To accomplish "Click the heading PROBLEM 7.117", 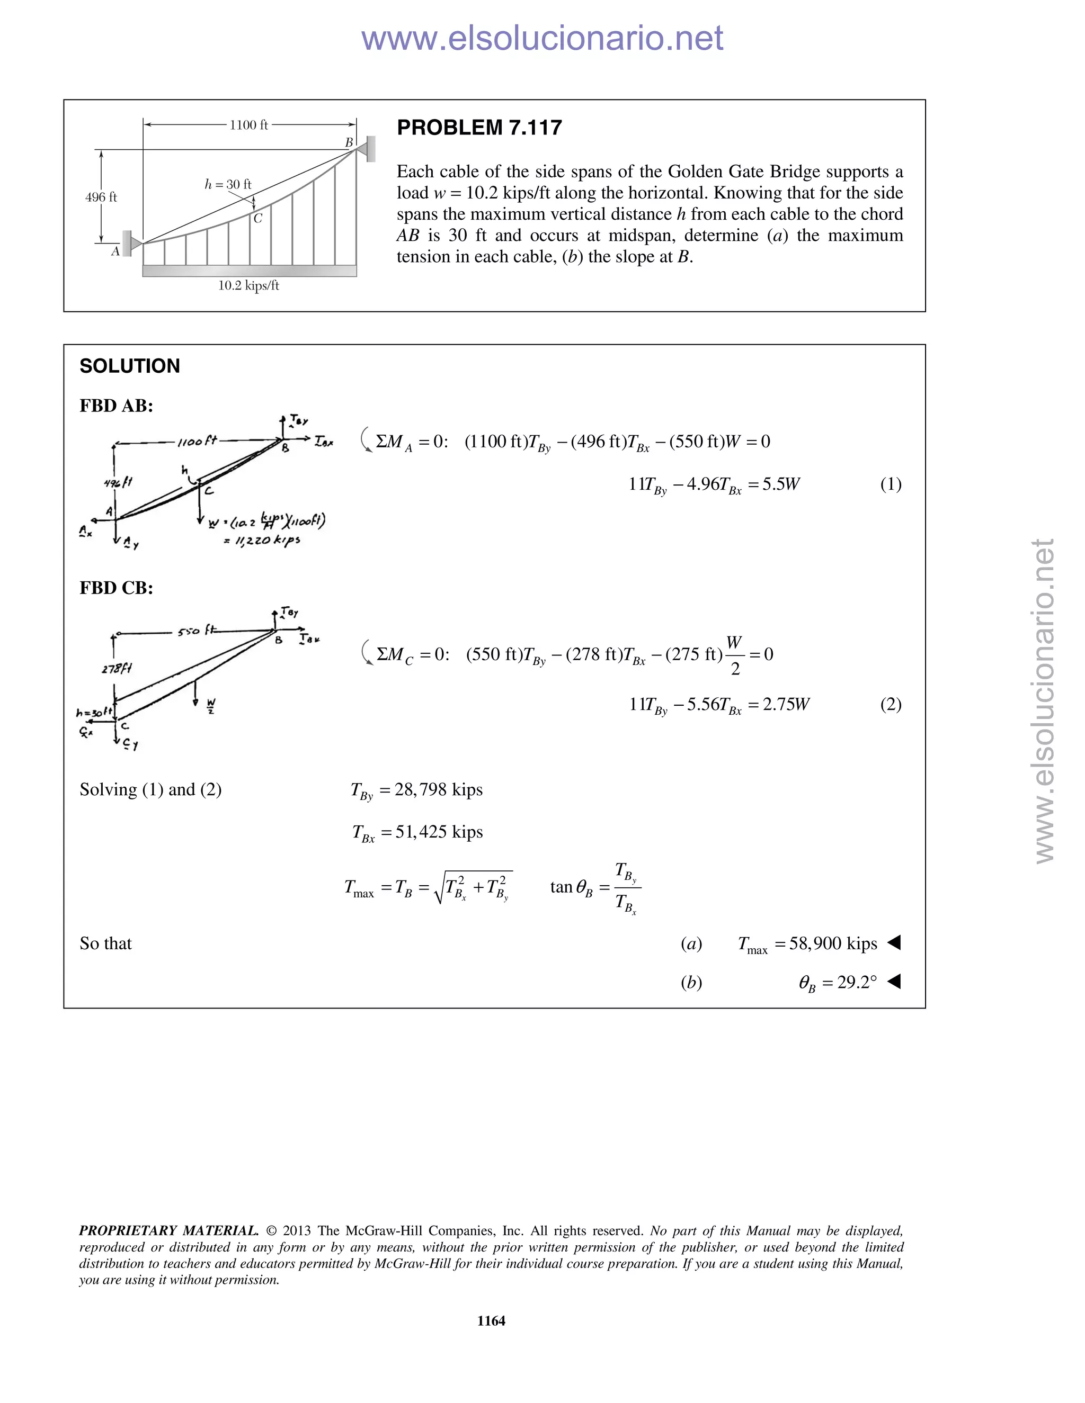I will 479,128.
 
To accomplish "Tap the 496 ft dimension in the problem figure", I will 101,197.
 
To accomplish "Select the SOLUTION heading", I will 129,366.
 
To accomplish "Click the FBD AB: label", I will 115,406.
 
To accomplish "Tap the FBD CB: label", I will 115,588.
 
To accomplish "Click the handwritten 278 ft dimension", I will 117,669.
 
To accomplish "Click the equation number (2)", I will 890,704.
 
